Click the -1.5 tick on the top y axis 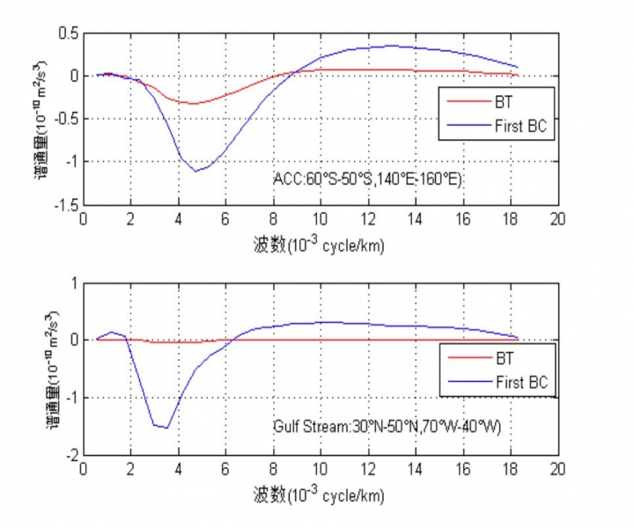coord(64,204)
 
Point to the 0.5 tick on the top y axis coord(67,33)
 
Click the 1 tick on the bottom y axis coord(74,282)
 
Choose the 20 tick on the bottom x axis coord(557,471)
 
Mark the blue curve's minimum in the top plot coord(196,171)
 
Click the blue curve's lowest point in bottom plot coord(166,429)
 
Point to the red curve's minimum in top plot coord(191,103)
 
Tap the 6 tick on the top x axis coord(225,219)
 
